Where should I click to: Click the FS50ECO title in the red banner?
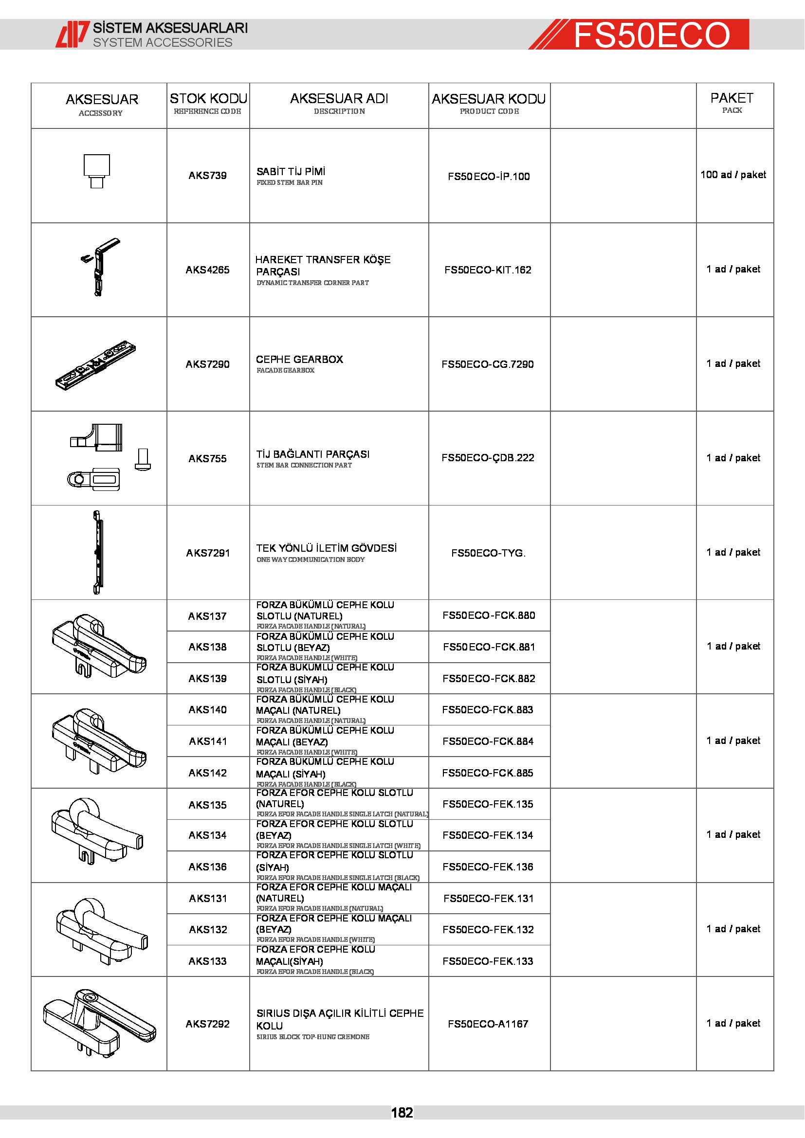tap(651, 35)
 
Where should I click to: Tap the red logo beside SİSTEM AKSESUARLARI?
tap(73, 34)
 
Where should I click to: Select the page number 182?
tap(402, 1113)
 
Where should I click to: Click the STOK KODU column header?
tap(208, 99)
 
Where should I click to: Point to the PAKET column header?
tap(732, 98)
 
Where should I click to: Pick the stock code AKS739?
tap(208, 176)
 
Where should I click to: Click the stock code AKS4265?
tap(208, 270)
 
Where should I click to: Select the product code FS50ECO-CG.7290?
tap(488, 364)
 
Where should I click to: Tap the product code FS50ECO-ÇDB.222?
tap(488, 458)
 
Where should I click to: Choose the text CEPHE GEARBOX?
tap(299, 360)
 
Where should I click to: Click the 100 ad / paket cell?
tap(733, 175)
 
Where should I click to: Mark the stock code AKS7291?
tap(208, 553)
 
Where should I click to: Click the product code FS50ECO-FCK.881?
tap(489, 647)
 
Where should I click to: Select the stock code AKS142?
tap(208, 773)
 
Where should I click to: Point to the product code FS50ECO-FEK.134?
tap(488, 836)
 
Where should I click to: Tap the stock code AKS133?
tap(208, 961)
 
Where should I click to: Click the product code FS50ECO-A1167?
tap(488, 1024)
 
